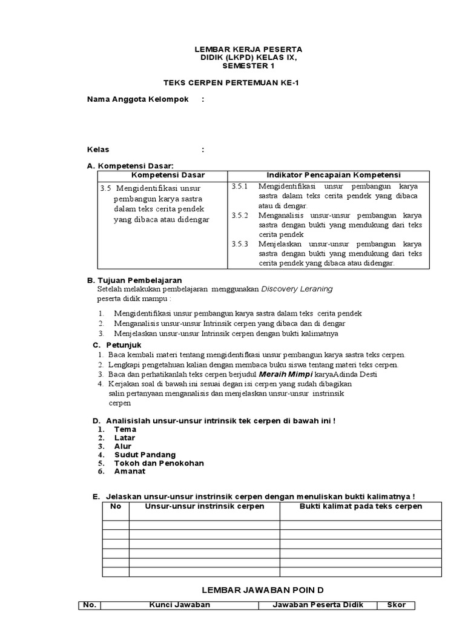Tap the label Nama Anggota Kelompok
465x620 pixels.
[138, 99]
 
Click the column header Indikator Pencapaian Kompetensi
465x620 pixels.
[329, 175]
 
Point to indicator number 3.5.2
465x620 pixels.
[240, 216]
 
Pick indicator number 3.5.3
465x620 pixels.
[240, 244]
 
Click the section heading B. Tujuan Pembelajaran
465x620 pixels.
[134, 280]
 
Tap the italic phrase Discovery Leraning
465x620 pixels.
[297, 289]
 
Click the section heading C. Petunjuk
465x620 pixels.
[116, 345]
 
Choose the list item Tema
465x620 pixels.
[125, 429]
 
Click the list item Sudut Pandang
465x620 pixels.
[145, 454]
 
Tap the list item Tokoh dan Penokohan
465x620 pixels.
[159, 463]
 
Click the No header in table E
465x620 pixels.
[116, 506]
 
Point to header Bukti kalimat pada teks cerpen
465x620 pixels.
[361, 506]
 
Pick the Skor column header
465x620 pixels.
[397, 605]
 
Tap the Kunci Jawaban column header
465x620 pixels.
[180, 605]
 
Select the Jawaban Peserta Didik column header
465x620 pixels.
[318, 605]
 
